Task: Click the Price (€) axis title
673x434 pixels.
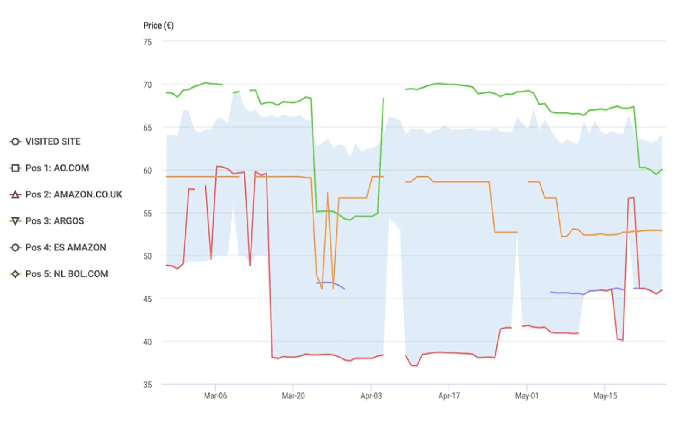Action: (x=158, y=26)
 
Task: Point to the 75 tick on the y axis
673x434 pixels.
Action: (x=148, y=42)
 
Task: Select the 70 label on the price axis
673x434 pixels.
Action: (x=148, y=85)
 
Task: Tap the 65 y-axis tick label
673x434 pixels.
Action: (x=148, y=128)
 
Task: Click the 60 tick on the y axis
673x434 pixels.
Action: (x=148, y=171)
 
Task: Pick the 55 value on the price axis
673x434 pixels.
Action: (x=148, y=213)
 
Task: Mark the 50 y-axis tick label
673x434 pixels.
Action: (x=148, y=256)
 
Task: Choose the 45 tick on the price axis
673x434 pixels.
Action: (x=148, y=299)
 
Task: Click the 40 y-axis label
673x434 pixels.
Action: (x=148, y=342)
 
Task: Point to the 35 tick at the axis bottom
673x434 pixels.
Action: (x=148, y=385)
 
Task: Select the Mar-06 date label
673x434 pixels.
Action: (x=215, y=396)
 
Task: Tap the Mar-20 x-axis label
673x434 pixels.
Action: (x=293, y=396)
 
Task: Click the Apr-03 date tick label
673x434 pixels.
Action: (x=371, y=396)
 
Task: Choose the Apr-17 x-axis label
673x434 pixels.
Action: (x=449, y=396)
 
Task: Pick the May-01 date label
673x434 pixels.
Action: (x=527, y=396)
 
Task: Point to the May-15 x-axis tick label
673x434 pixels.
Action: (x=605, y=396)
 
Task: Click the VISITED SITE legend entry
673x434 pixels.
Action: (x=53, y=141)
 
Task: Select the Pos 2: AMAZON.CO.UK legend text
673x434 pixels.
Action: (x=73, y=194)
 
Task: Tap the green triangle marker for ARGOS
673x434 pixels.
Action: (x=15, y=221)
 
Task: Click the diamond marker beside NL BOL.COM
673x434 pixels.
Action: (x=15, y=274)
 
